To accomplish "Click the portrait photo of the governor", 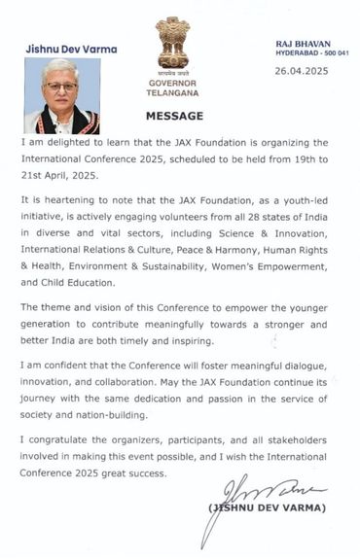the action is pos(61,96).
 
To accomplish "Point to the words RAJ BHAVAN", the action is pos(304,43).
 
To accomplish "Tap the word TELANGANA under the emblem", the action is pos(172,93).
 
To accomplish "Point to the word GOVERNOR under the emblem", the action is pos(172,83).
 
